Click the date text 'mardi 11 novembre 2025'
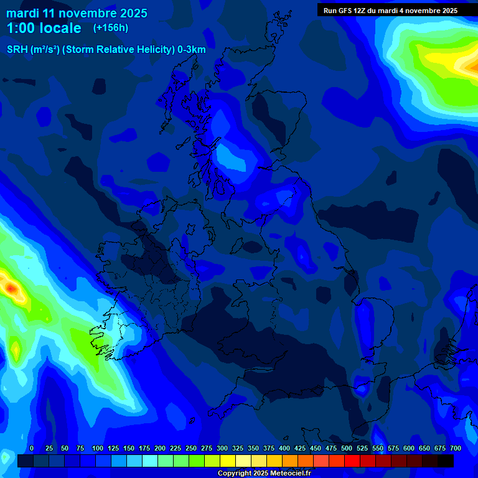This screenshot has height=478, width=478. [x=77, y=13]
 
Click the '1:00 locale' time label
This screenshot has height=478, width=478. [x=44, y=28]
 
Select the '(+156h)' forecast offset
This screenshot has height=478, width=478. [x=111, y=27]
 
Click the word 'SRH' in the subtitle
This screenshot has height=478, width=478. [x=17, y=50]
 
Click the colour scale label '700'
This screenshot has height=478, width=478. [x=455, y=448]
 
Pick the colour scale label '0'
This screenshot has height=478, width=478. [x=32, y=448]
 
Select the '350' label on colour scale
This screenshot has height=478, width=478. [x=253, y=448]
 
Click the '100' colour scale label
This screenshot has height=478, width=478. [x=98, y=448]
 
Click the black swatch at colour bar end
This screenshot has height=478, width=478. [x=446, y=461]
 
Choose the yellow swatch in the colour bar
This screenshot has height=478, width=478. [x=228, y=461]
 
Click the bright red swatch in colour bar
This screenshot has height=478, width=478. [x=352, y=461]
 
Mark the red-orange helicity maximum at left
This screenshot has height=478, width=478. [x=11, y=287]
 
